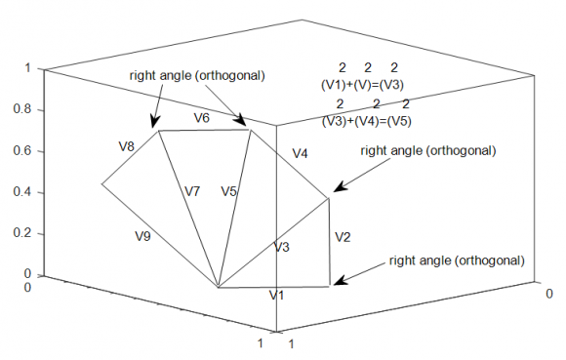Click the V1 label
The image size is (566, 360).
pyautogui.click(x=277, y=295)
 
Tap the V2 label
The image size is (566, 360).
pyautogui.click(x=342, y=236)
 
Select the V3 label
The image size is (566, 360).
pyautogui.click(x=281, y=247)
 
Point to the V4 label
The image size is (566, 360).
pyautogui.click(x=300, y=154)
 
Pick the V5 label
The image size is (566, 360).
pyautogui.click(x=229, y=191)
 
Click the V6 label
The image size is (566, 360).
pyautogui.click(x=201, y=118)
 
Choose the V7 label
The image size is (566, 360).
pyautogui.click(x=192, y=191)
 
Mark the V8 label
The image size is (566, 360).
pyautogui.click(x=127, y=146)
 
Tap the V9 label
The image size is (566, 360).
pyautogui.click(x=143, y=235)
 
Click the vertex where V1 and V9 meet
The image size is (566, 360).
pyautogui.click(x=218, y=288)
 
